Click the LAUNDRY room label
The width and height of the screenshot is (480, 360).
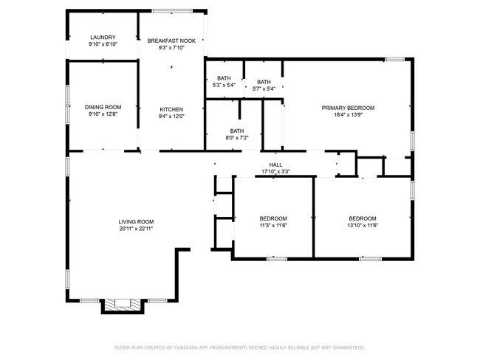[103, 38]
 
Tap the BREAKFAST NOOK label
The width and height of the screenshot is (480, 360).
[171, 41]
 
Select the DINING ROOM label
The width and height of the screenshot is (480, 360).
[103, 107]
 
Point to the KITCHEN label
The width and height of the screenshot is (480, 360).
[171, 109]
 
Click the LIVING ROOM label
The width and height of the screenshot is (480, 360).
[136, 221]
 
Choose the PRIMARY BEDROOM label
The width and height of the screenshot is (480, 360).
[348, 108]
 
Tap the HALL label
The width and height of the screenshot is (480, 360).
[275, 165]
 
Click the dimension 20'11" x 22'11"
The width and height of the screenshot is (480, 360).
[136, 229]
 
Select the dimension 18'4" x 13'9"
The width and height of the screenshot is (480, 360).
[348, 115]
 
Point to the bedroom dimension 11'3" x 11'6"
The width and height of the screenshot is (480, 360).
[273, 225]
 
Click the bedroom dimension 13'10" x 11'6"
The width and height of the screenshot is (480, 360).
[363, 225]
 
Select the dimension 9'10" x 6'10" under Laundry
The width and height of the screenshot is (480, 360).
[103, 45]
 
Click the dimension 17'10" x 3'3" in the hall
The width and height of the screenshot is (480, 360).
[275, 172]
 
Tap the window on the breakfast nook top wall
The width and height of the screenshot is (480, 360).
[172, 10]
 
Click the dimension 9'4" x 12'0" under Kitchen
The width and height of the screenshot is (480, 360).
[171, 117]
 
